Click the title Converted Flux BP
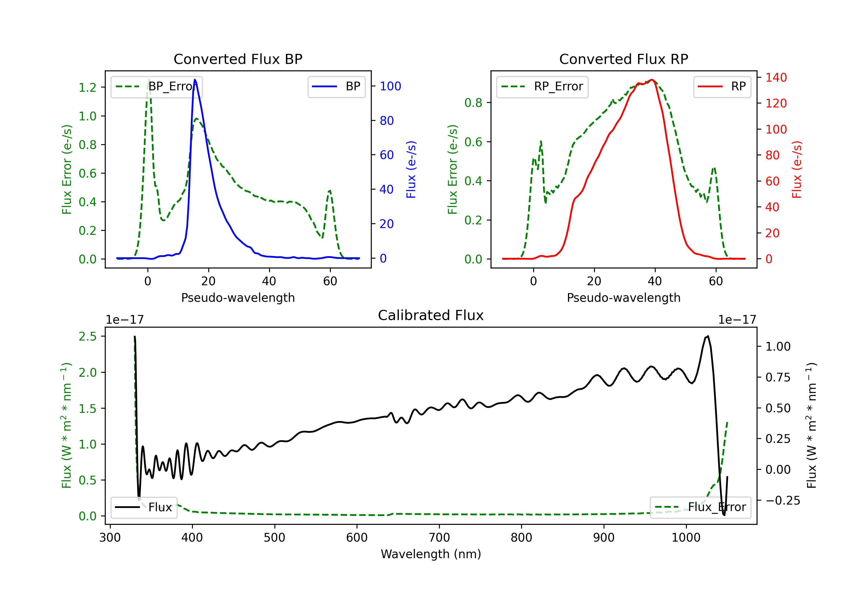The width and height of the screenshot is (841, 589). pyautogui.click(x=238, y=59)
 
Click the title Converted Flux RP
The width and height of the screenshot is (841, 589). pyautogui.click(x=623, y=59)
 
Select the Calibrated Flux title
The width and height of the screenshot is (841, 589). pyautogui.click(x=431, y=315)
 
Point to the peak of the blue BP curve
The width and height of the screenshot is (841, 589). pyautogui.click(x=195, y=80)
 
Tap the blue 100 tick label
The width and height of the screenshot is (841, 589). pyautogui.click(x=390, y=86)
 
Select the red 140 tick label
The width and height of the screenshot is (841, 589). pyautogui.click(x=776, y=78)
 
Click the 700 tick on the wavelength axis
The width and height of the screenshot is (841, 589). pyautogui.click(x=439, y=538)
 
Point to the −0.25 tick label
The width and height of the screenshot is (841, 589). pyautogui.click(x=782, y=501)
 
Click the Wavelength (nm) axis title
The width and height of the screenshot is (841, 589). pyautogui.click(x=431, y=554)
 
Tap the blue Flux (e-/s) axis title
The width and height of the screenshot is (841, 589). pyautogui.click(x=411, y=169)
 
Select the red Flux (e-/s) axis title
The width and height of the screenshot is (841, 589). pyautogui.click(x=797, y=169)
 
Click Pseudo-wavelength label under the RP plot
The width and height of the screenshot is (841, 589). pyautogui.click(x=623, y=298)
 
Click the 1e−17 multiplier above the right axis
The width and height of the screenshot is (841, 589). pyautogui.click(x=737, y=320)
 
